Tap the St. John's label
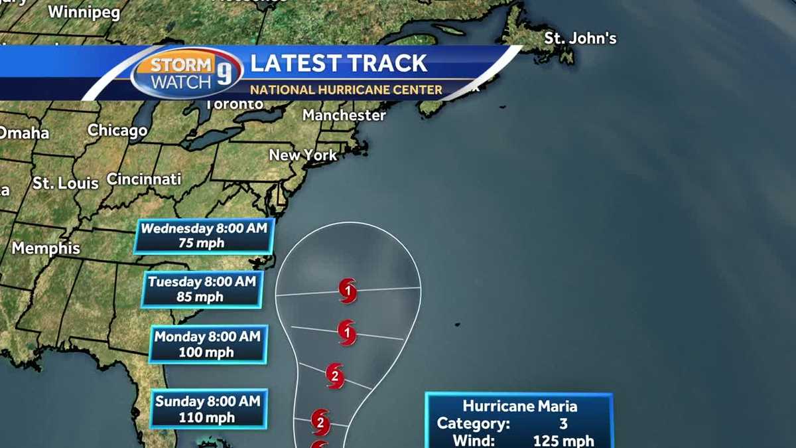[580, 38]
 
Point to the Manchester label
[344, 115]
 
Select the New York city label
[303, 155]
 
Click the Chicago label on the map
[117, 130]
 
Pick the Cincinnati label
[144, 179]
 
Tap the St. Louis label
[66, 183]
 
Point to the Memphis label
[46, 249]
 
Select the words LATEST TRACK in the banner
[338, 64]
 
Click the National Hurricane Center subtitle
[346, 90]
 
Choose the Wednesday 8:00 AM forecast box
[204, 236]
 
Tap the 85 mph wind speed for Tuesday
[200, 297]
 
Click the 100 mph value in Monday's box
[206, 352]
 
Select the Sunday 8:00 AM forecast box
[208, 408]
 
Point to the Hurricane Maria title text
[519, 406]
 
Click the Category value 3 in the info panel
[564, 423]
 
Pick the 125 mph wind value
[563, 441]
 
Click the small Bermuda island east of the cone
[457, 325]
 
